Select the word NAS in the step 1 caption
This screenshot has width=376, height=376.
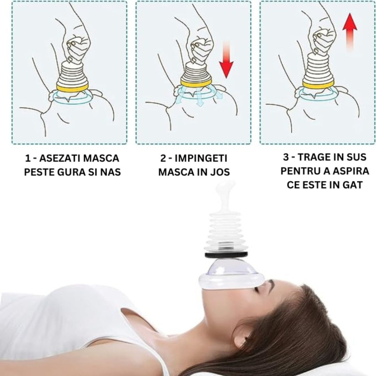pyautogui.click(x=109, y=172)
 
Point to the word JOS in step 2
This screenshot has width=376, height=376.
pyautogui.click(x=219, y=172)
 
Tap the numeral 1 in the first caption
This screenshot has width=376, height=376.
pyautogui.click(x=27, y=159)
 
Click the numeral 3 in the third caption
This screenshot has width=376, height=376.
pyautogui.click(x=285, y=157)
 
